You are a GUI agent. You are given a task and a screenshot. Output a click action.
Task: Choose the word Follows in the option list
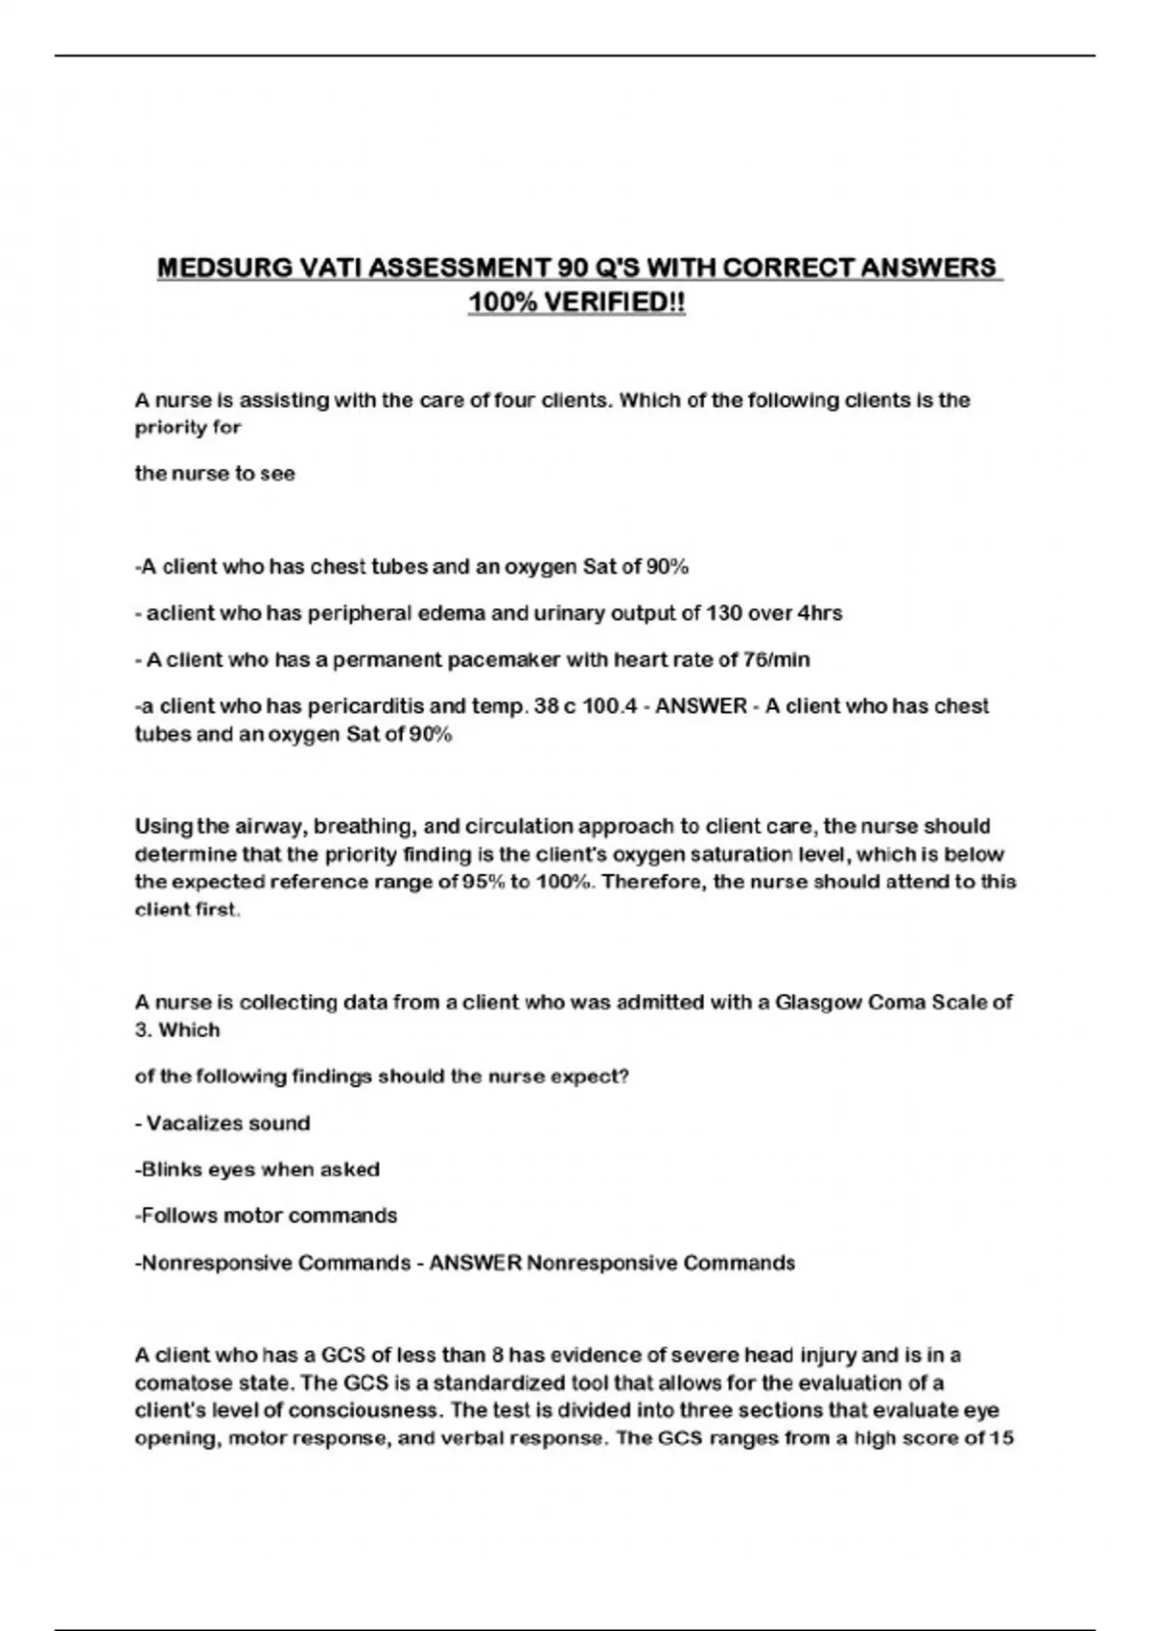click(179, 1216)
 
